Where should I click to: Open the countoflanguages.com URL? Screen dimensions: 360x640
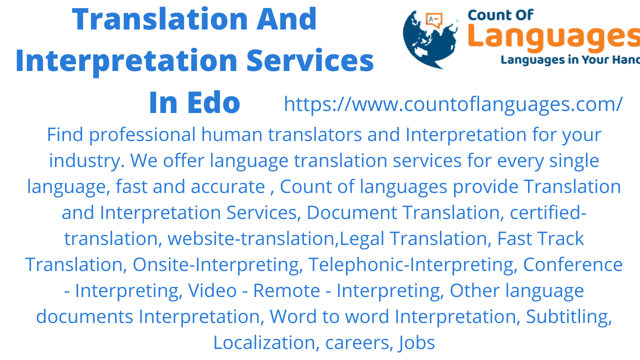pyautogui.click(x=453, y=104)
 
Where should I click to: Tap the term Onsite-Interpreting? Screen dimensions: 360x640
pyautogui.click(x=215, y=264)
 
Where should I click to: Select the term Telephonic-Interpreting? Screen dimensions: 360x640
pyautogui.click(x=412, y=264)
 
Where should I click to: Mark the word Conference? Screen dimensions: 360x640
pyautogui.click(x=572, y=264)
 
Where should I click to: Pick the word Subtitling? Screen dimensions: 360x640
pyautogui.click(x=569, y=316)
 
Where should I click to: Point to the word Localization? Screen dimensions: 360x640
pyautogui.click(x=265, y=342)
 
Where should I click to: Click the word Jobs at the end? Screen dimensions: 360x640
pyautogui.click(x=416, y=342)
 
